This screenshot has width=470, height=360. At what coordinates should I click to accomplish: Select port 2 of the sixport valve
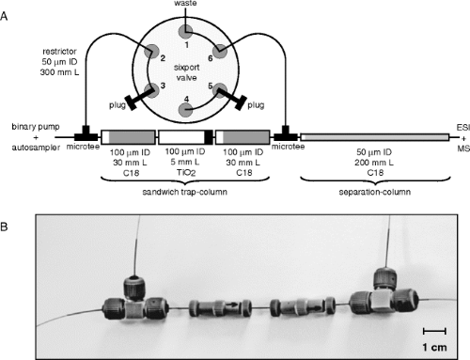[151, 51]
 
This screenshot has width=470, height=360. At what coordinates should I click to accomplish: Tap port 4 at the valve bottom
[186, 111]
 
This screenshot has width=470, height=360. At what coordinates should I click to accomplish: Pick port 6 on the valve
[220, 51]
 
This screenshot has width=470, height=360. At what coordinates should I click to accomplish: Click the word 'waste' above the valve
[185, 3]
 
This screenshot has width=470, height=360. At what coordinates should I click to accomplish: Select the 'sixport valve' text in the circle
[186, 72]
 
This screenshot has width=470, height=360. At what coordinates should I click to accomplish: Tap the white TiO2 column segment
[181, 137]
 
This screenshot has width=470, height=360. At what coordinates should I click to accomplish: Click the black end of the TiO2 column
[209, 137]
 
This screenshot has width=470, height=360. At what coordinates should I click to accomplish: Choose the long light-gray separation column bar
[374, 137]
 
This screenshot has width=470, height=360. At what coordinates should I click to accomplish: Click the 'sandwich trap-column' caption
[184, 192]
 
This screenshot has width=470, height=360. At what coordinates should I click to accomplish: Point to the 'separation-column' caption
[375, 192]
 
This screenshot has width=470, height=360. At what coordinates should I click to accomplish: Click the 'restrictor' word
[59, 52]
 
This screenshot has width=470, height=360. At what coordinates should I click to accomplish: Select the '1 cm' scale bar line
[434, 331]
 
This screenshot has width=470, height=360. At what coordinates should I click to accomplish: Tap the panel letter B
[4, 227]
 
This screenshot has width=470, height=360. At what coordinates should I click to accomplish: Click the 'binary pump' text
[36, 127]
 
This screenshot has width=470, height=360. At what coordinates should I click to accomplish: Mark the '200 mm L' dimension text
[374, 163]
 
